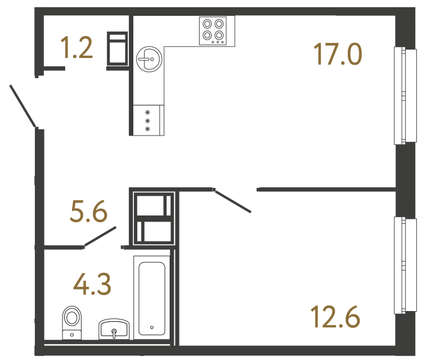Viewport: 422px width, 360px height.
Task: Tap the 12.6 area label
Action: pyautogui.click(x=334, y=317)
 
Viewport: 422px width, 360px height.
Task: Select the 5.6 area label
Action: pyautogui.click(x=88, y=213)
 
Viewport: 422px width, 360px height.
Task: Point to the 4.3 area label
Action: pyautogui.click(x=92, y=284)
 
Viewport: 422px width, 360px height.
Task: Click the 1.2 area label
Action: pyautogui.click(x=77, y=48)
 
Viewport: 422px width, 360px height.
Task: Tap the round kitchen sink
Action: pyautogui.click(x=150, y=58)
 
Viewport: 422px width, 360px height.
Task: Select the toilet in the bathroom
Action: pyautogui.click(x=71, y=322)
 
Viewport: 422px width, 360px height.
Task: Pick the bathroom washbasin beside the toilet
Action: pyautogui.click(x=114, y=330)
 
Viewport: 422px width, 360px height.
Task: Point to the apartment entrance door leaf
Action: pyautogui.click(x=23, y=106)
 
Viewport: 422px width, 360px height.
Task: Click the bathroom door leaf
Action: pyautogui.click(x=100, y=236)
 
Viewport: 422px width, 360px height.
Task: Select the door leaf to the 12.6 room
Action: pyautogui.click(x=233, y=201)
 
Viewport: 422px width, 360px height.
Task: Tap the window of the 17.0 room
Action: pyautogui.click(x=400, y=94)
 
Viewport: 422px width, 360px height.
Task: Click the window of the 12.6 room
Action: pyautogui.click(x=400, y=264)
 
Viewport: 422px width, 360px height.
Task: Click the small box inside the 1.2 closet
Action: pyautogui.click(x=118, y=49)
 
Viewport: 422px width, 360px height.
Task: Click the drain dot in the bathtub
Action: pyautogui.click(x=152, y=327)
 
